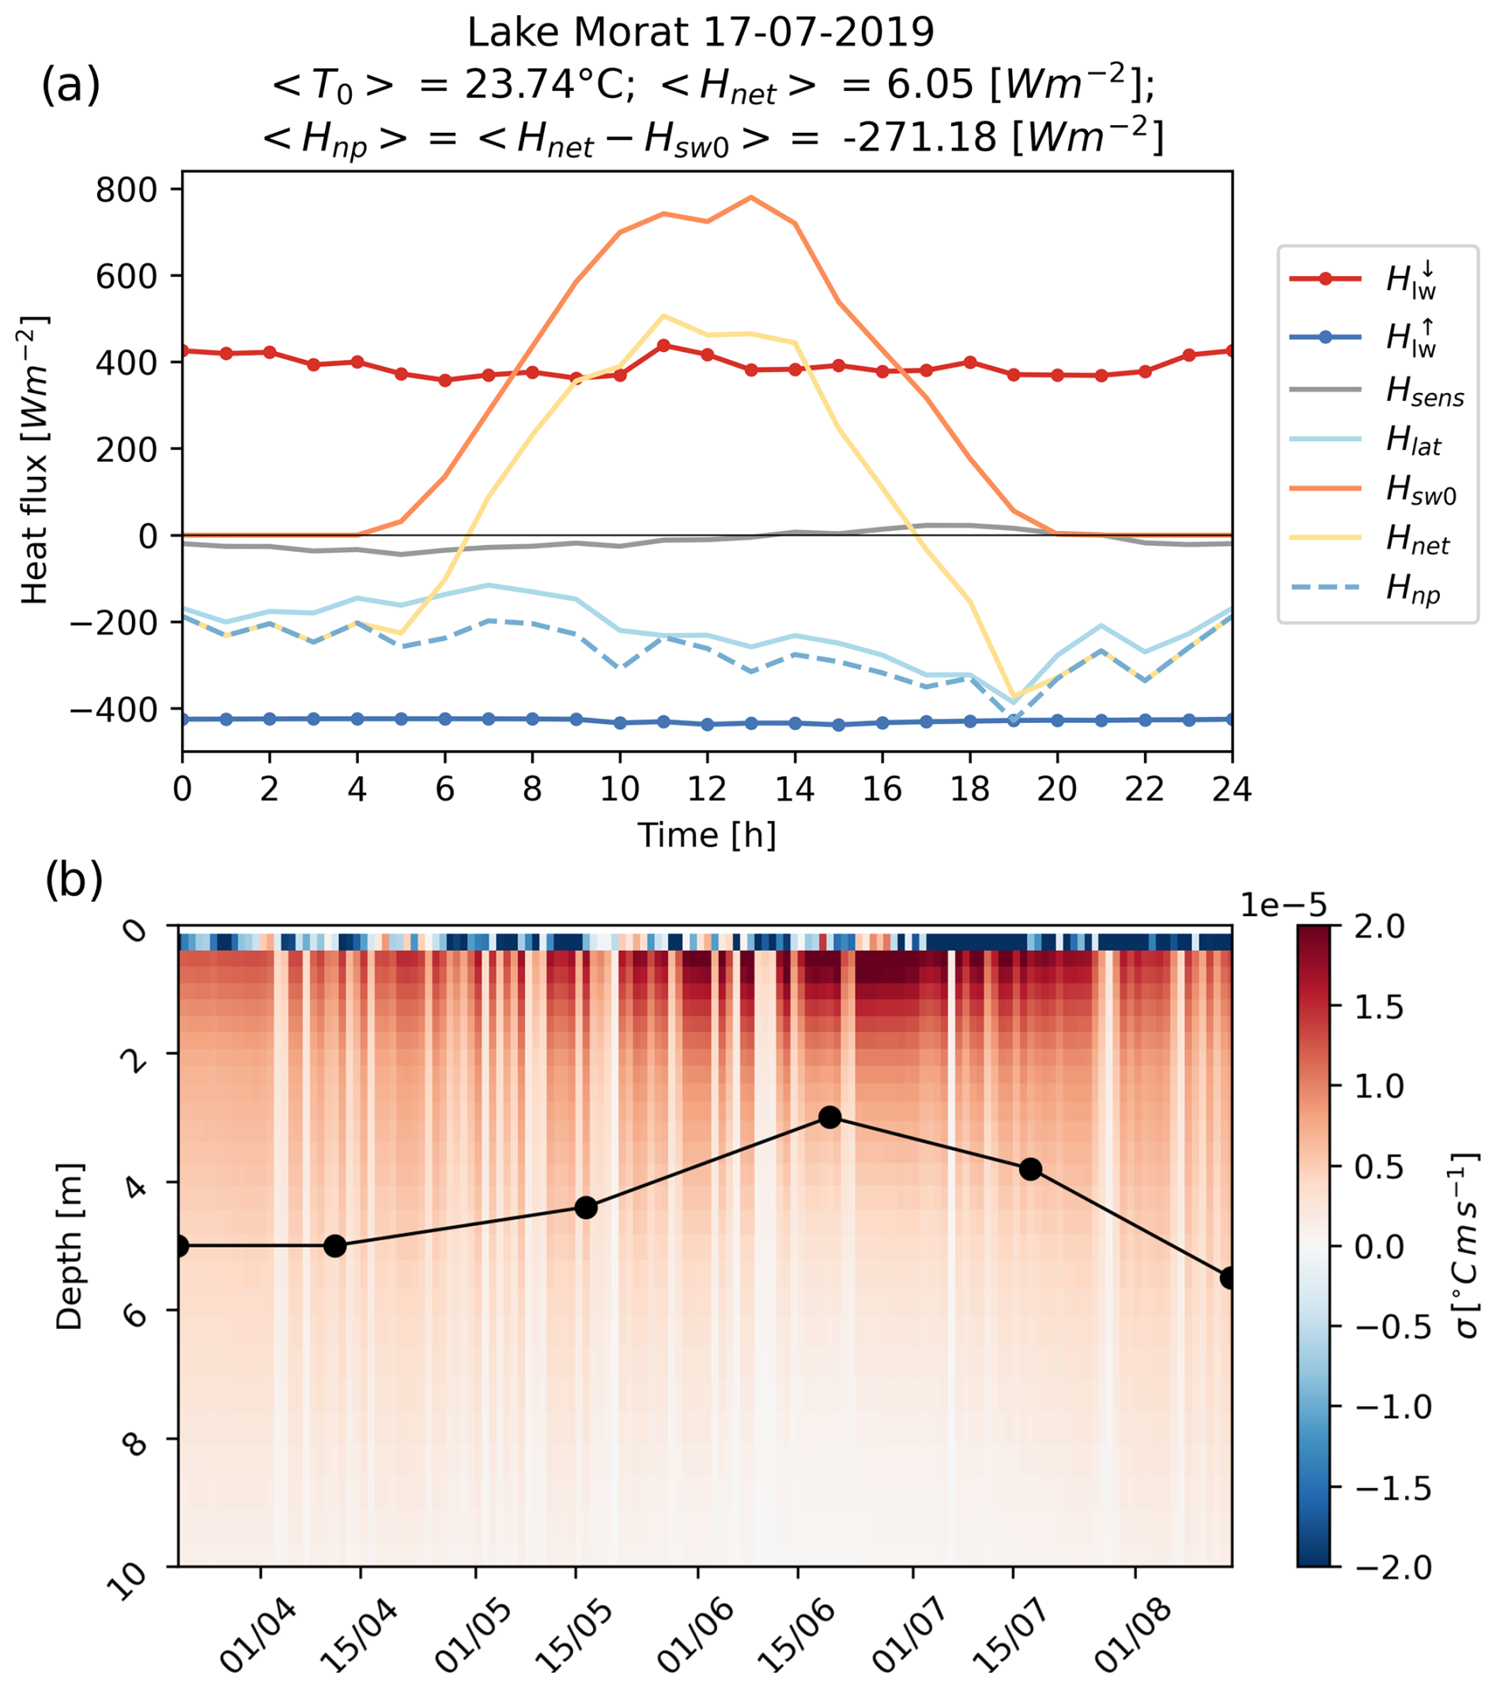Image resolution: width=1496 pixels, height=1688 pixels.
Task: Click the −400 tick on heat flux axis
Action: (115, 710)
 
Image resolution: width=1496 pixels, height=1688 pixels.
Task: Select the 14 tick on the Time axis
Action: (794, 790)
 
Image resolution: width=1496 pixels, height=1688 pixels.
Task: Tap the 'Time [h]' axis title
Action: (707, 836)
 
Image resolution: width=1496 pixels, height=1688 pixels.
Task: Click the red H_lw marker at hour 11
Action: (663, 345)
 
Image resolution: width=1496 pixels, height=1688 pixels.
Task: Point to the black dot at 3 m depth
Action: (829, 1118)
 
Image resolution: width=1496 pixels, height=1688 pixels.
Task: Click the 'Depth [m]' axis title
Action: (70, 1246)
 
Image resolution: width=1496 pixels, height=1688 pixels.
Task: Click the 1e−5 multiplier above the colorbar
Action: (1283, 905)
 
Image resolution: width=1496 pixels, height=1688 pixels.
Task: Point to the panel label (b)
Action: (74, 880)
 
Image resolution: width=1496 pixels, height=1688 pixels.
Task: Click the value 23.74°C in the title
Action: (549, 84)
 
